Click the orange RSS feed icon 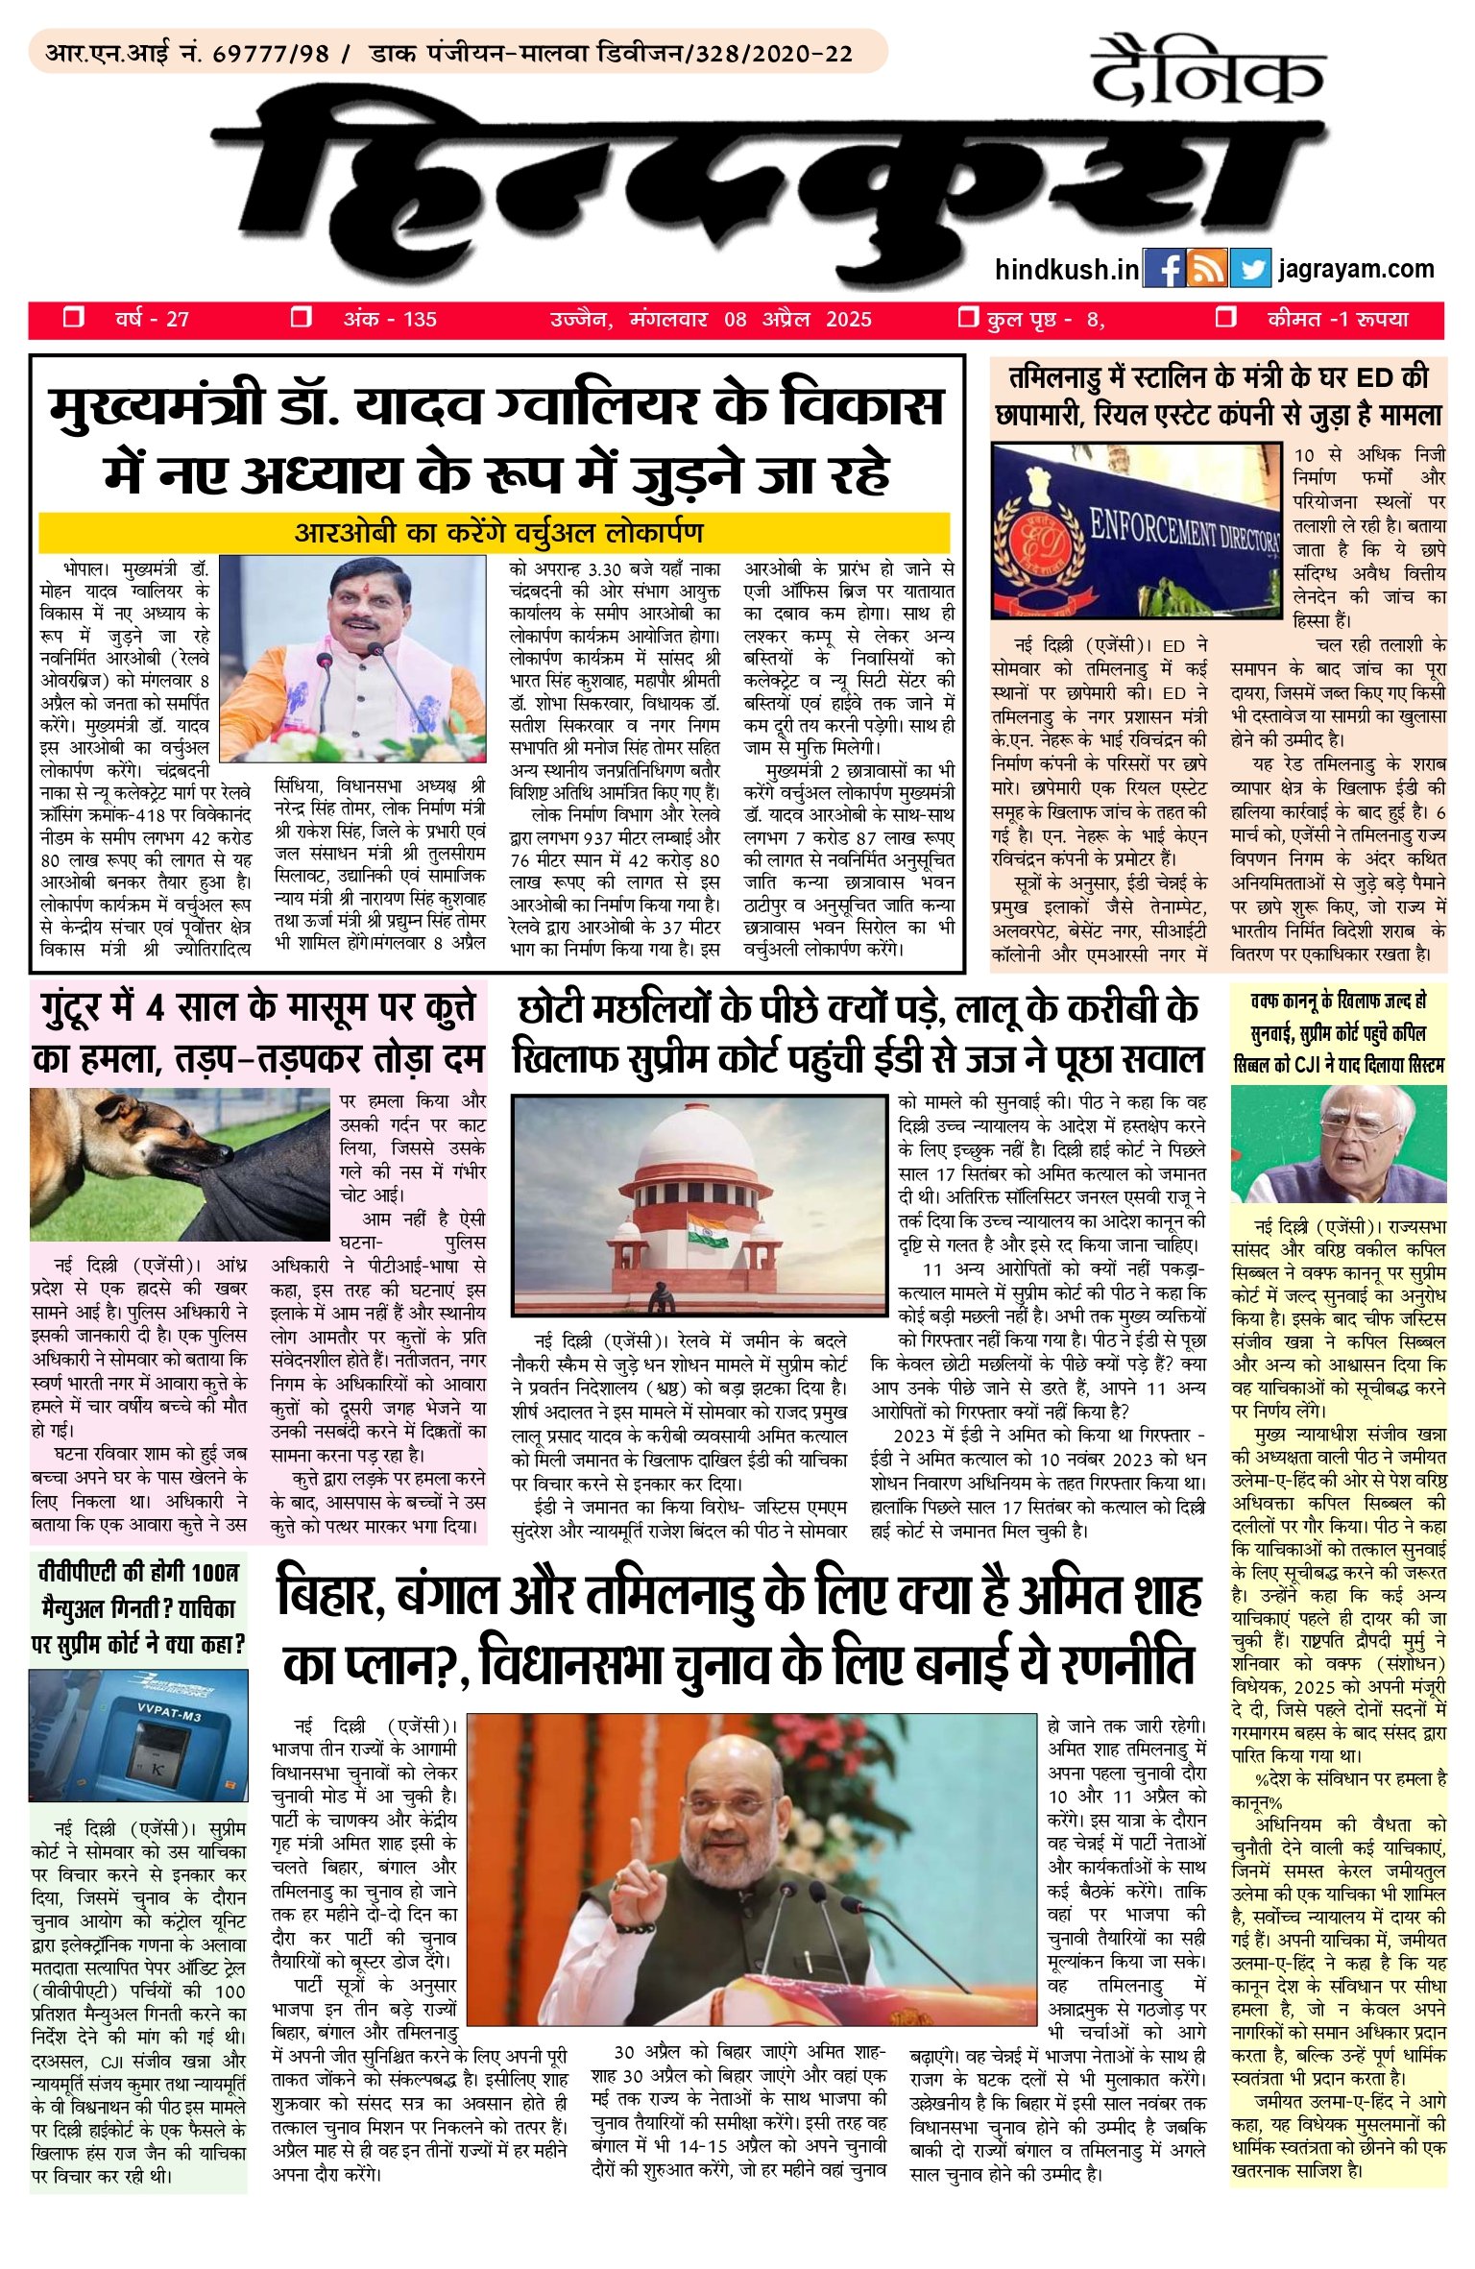(x=1206, y=268)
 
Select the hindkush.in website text (x=1067, y=269)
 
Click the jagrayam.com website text (x=1356, y=269)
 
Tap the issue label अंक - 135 (x=390, y=319)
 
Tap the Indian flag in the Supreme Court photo (x=698, y=1228)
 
